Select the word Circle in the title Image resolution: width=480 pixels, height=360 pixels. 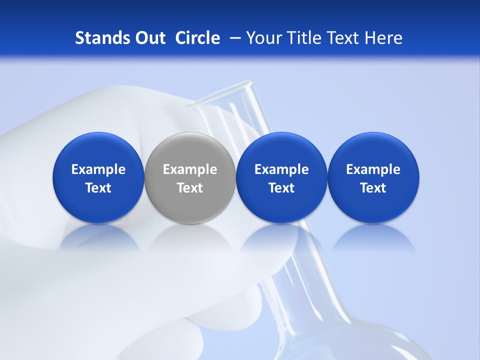[x=197, y=38]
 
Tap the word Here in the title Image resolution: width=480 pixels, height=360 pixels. [x=383, y=38]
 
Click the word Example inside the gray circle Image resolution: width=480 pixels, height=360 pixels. [x=190, y=169]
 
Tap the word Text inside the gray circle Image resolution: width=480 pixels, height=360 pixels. [x=190, y=188]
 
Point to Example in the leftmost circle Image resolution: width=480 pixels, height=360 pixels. [x=98, y=169]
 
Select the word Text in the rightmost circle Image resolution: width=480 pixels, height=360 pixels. [x=373, y=188]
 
